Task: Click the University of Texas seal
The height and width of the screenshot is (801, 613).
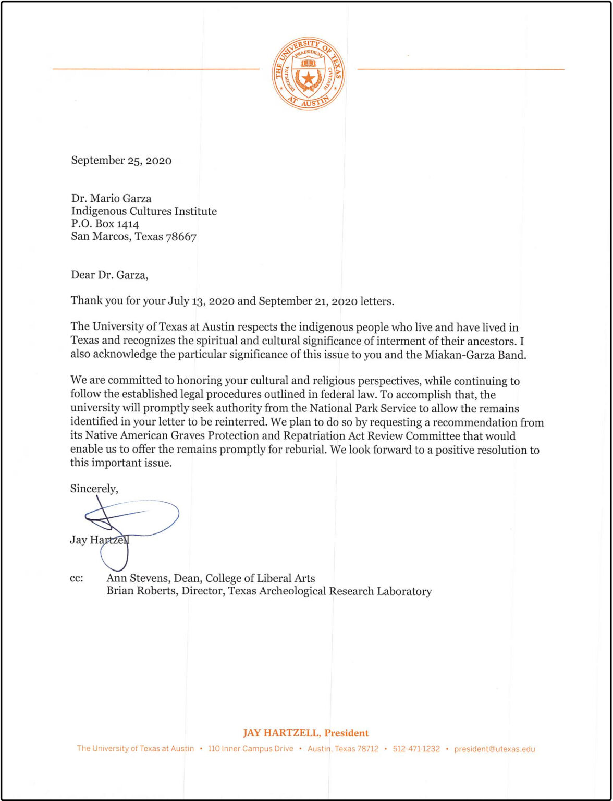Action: point(308,73)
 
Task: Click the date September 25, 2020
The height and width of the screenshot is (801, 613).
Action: point(121,161)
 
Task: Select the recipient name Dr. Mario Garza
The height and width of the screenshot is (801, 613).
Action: point(111,199)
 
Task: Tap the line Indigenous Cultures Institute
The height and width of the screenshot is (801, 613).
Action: point(144,211)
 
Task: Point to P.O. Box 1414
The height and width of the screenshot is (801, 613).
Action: point(105,224)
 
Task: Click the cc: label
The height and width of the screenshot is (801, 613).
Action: point(77,578)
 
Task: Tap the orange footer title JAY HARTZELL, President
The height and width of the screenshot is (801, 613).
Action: point(306,733)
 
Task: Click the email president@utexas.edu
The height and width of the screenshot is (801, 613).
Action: point(494,749)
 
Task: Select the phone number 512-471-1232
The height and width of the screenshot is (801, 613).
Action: point(416,749)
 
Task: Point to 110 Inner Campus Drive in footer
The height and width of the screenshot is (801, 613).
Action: point(250,749)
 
